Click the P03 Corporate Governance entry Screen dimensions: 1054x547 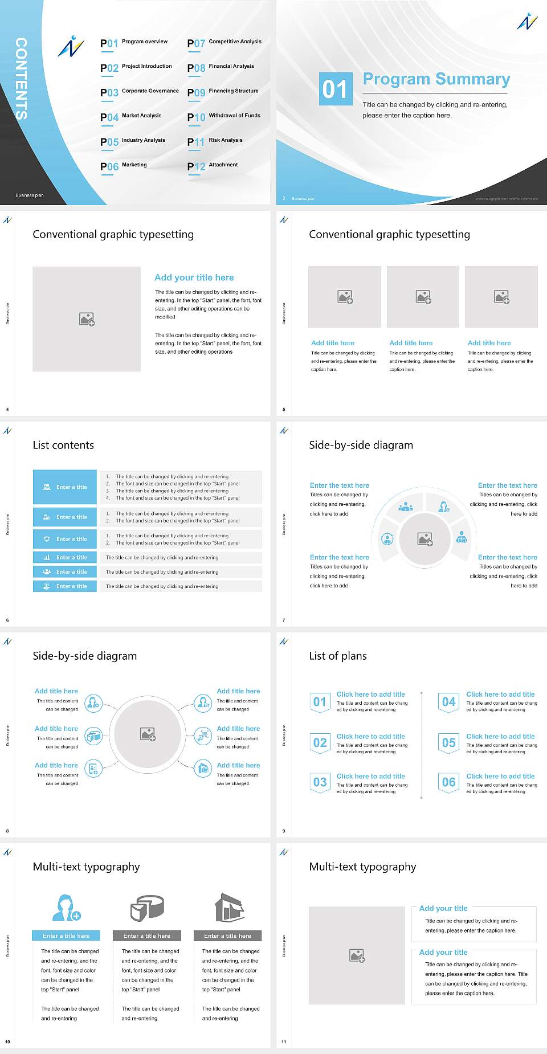tap(140, 92)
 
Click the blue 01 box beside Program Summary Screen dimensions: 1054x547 tap(336, 89)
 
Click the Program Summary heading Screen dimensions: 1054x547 tap(436, 79)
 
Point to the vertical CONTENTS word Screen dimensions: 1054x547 tap(21, 79)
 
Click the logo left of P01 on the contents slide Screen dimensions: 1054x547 tap(71, 47)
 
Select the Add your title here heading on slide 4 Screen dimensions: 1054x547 tap(194, 277)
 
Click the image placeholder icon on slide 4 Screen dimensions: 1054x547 tap(87, 319)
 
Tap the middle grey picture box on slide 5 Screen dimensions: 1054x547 tap(423, 297)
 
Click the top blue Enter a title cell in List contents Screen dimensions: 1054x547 tap(65, 487)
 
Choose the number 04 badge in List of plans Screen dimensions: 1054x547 tap(448, 702)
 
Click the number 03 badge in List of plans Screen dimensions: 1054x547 tap(320, 782)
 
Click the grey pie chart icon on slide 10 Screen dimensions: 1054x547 tap(147, 908)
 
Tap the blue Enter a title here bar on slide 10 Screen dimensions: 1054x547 tap(66, 935)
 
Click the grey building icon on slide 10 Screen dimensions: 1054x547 tap(229, 908)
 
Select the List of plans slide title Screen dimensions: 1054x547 tap(337, 656)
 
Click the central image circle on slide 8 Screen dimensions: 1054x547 tap(148, 734)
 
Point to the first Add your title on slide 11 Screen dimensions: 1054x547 tap(443, 908)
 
